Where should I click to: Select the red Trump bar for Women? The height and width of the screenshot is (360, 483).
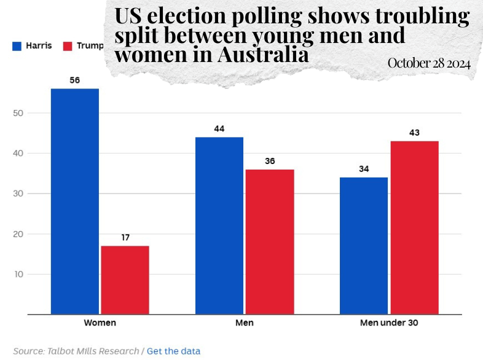tap(125, 280)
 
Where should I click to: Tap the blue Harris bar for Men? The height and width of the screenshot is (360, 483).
tap(219, 225)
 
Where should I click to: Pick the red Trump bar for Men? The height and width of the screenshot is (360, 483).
tap(270, 241)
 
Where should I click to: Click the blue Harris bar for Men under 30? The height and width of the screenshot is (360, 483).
tap(364, 246)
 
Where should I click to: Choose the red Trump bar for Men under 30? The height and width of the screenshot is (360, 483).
tap(414, 227)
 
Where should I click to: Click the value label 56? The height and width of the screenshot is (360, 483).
tap(75, 80)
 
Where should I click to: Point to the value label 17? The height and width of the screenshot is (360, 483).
tap(125, 238)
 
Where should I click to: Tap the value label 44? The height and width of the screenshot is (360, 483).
tap(219, 129)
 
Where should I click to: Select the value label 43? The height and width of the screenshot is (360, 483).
tap(414, 133)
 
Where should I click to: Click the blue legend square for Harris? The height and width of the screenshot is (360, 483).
tap(17, 46)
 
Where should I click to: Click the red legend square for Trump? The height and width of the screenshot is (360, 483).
tap(68, 46)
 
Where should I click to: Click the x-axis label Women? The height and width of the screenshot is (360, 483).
tap(100, 323)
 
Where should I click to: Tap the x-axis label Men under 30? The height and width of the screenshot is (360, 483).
tap(389, 323)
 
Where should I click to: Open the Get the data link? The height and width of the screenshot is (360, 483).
tap(173, 351)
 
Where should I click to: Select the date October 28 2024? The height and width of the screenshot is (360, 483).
tap(429, 63)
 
